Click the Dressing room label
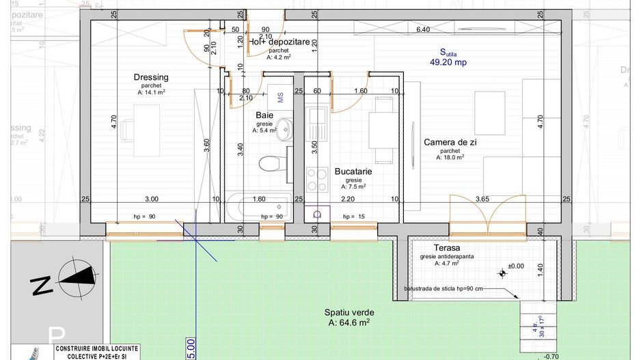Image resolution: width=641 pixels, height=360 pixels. [151, 77]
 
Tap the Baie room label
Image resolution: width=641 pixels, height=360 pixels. [265, 115]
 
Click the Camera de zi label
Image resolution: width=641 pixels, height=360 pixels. [450, 142]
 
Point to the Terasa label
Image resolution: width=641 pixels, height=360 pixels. [446, 247]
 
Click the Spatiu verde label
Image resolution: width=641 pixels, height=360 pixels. [349, 312]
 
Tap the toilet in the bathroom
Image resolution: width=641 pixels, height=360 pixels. [271, 163]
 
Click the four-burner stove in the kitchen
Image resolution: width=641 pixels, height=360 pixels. [316, 178]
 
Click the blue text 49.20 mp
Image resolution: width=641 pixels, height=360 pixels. [448, 61]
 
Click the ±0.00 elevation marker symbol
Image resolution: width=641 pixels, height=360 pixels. [503, 273]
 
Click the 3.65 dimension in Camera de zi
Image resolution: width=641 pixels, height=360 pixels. [482, 199]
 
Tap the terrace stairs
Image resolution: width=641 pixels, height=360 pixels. [535, 320]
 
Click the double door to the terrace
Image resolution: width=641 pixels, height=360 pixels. [487, 213]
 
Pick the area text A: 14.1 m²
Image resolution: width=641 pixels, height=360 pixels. [151, 92]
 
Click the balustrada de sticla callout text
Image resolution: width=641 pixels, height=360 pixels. [443, 288]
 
